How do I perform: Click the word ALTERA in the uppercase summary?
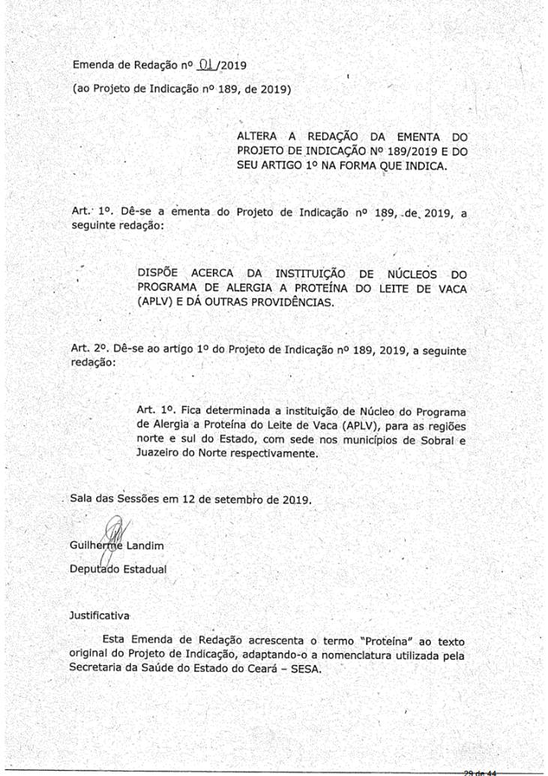(x=258, y=137)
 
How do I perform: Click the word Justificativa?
(x=100, y=615)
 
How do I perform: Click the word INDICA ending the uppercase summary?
(x=424, y=167)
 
